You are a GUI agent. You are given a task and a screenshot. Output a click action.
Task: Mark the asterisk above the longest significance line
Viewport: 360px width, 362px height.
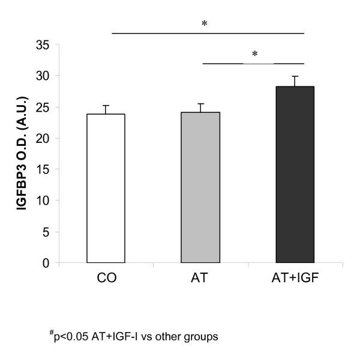[205, 25]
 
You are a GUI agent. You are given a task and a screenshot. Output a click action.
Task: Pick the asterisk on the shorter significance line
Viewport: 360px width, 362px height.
[254, 55]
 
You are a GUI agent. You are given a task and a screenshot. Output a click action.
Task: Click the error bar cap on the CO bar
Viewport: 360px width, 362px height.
[106, 106]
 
